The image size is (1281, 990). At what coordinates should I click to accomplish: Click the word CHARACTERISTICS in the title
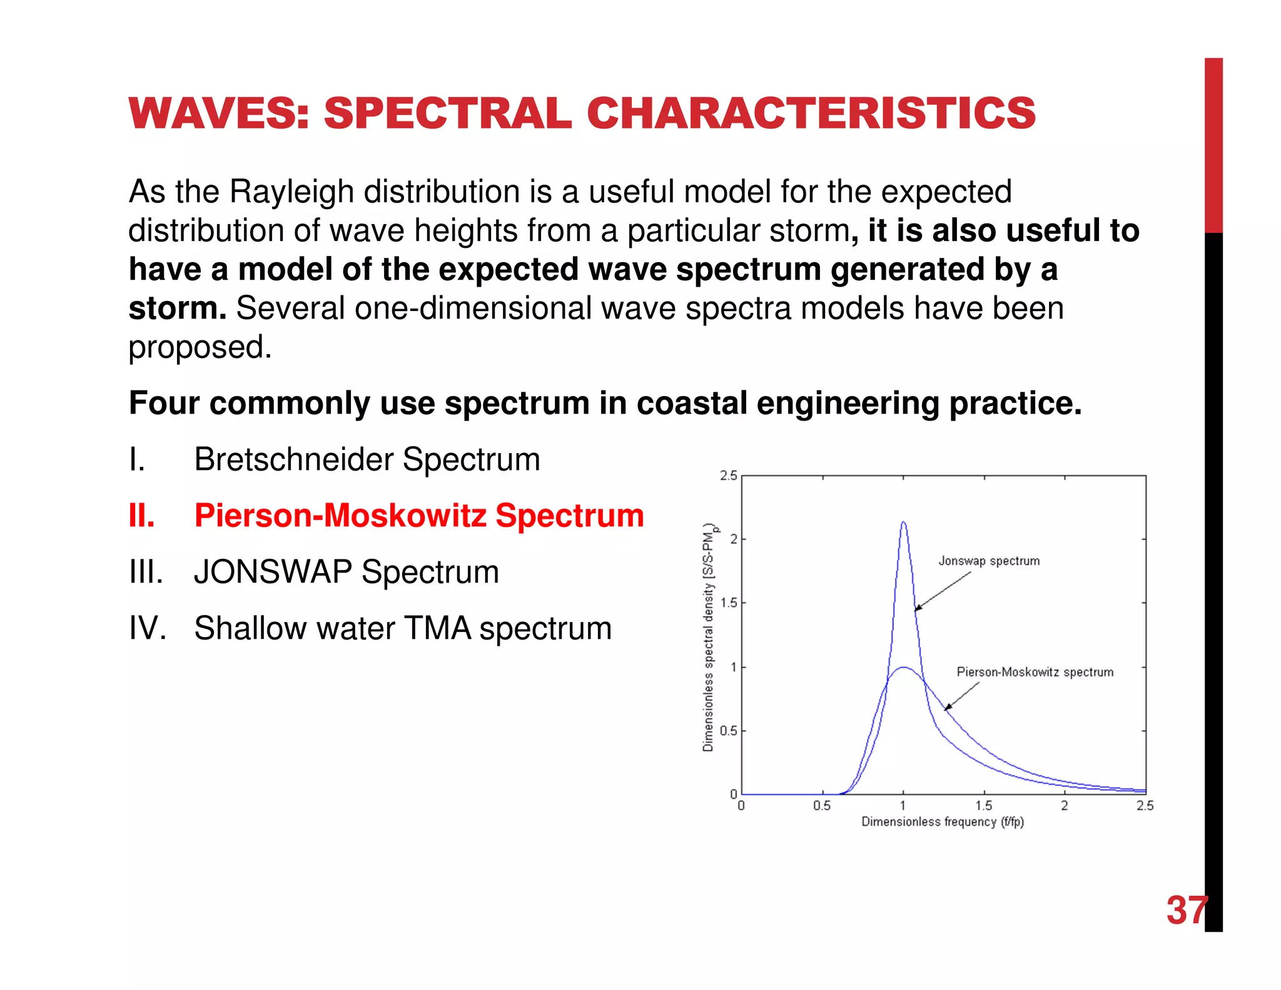point(811,114)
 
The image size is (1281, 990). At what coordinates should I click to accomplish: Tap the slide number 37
point(1187,910)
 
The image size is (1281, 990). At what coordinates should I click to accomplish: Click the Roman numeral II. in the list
point(142,516)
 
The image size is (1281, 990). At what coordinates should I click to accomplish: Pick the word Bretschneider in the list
point(293,459)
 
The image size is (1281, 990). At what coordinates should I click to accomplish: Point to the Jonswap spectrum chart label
point(989,561)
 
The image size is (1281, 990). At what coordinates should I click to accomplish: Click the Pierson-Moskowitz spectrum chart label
point(1035,672)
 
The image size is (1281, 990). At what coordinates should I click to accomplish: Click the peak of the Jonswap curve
point(903,523)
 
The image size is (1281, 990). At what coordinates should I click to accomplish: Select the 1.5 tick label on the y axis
point(729,603)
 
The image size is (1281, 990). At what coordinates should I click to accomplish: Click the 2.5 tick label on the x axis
point(1145,806)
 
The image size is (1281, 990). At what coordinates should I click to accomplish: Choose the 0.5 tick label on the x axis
point(822,806)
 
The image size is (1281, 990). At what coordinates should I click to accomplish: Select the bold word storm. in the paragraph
point(177,309)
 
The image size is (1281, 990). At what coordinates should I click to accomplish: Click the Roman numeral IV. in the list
point(148,628)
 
